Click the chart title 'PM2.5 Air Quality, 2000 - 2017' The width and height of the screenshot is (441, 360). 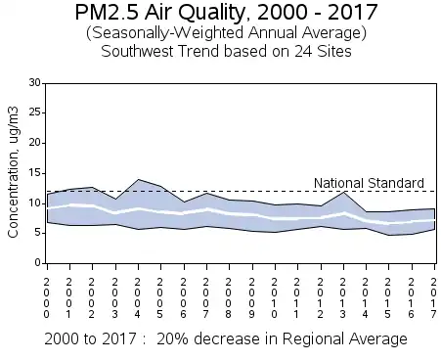click(226, 13)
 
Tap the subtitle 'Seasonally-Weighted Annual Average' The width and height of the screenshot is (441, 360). click(226, 33)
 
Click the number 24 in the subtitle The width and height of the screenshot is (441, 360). click(303, 52)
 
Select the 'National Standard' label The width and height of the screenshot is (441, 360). click(369, 183)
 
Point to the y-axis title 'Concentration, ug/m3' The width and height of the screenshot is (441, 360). click(13, 172)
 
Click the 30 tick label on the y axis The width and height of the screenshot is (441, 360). click(35, 83)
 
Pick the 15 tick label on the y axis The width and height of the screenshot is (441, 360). click(35, 173)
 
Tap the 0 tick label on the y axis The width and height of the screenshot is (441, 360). click(38, 263)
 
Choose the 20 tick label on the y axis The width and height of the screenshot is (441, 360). click(35, 143)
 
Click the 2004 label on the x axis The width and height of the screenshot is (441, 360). click(137, 298)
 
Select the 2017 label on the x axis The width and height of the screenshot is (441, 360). click(433, 298)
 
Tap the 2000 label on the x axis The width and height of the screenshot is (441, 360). click(47, 298)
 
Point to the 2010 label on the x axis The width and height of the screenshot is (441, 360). click(274, 298)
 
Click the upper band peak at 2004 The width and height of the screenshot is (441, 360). click(139, 179)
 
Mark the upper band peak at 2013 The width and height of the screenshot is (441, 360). click(343, 192)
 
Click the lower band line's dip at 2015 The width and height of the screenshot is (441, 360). click(389, 235)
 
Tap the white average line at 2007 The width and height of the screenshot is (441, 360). click(206, 209)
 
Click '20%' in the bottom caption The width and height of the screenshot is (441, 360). click(172, 339)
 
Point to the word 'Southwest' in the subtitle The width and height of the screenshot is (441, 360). click(137, 52)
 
